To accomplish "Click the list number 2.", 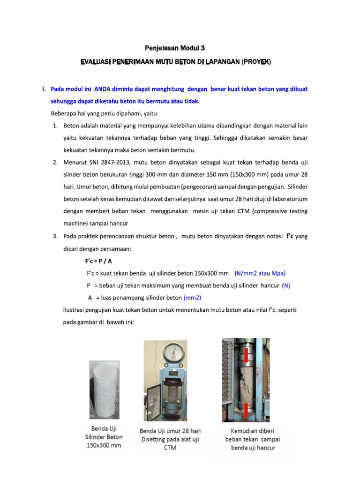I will click(x=55, y=162).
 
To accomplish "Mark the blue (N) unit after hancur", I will click(x=286, y=285).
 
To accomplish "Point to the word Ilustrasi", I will click(x=75, y=310).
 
